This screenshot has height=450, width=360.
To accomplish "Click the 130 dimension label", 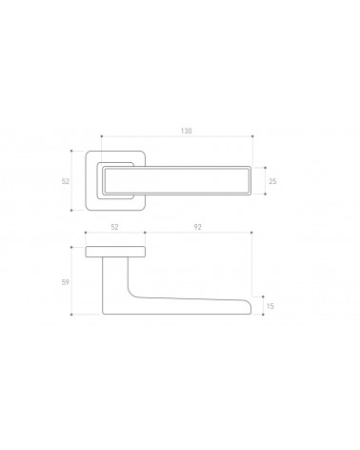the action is point(187,131).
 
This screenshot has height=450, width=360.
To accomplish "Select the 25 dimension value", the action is point(272,181).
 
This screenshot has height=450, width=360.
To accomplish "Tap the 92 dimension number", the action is point(197,227).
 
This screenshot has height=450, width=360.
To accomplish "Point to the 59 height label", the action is point(66,282).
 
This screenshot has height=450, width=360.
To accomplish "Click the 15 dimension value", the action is point(270,306).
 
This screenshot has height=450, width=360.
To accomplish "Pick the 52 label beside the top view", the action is point(66,181).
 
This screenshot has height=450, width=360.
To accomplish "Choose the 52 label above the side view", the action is point(114,227).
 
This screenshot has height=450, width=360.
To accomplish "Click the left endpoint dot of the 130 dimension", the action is point(102,136).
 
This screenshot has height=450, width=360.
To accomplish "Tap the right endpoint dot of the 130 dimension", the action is point(252,136).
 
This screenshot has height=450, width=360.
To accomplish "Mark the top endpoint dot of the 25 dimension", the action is point(265,168).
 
